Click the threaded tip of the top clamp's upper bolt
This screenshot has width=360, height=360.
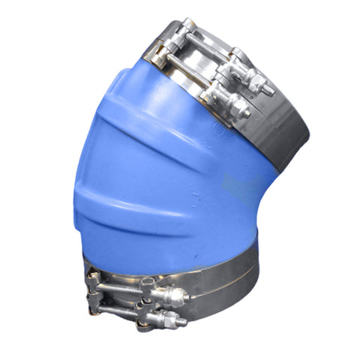[x=267, y=89]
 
